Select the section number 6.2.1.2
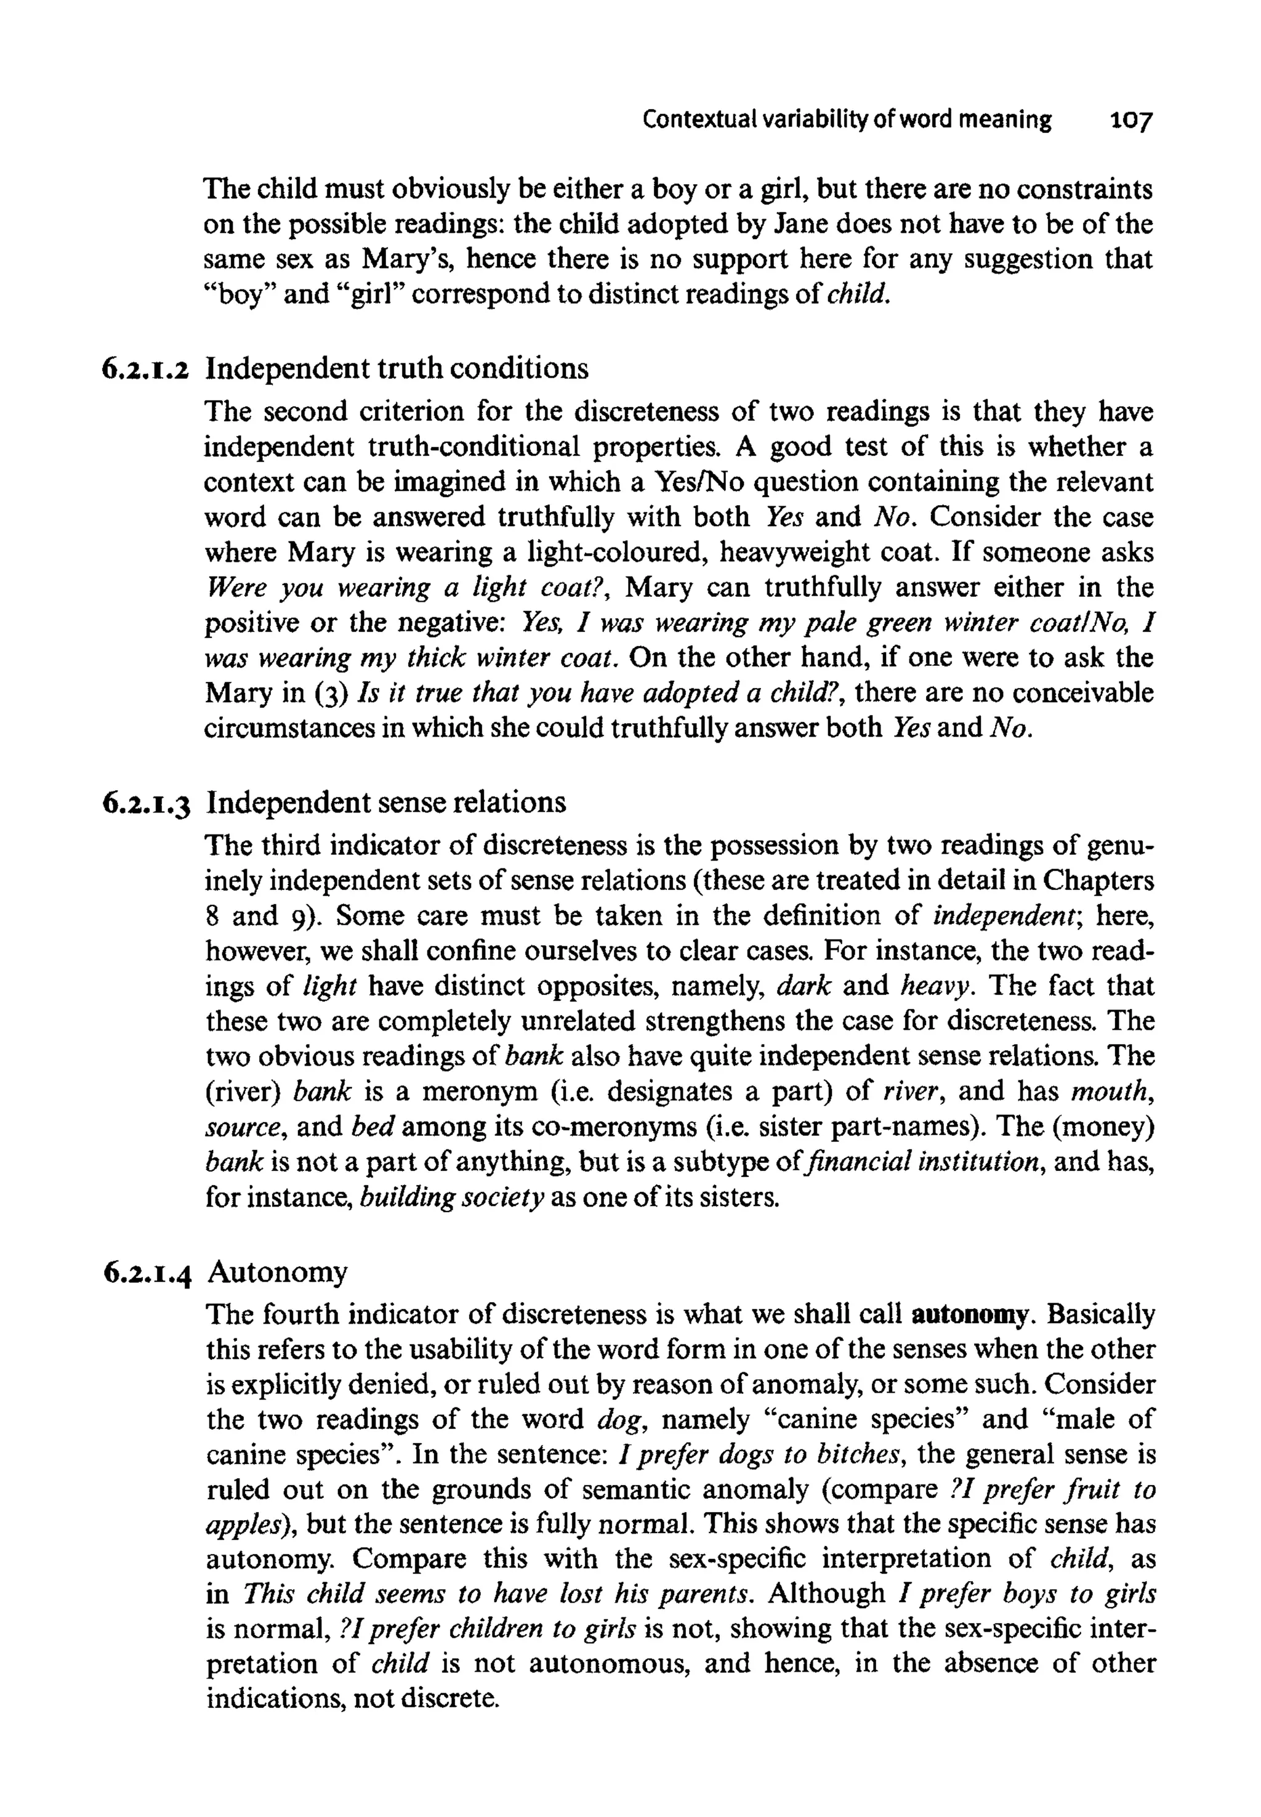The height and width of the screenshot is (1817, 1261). point(147,370)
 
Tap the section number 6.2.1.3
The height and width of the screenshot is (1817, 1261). point(147,804)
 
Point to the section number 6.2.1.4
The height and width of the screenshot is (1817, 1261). point(147,1273)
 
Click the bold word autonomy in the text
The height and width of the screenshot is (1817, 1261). point(971,1315)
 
